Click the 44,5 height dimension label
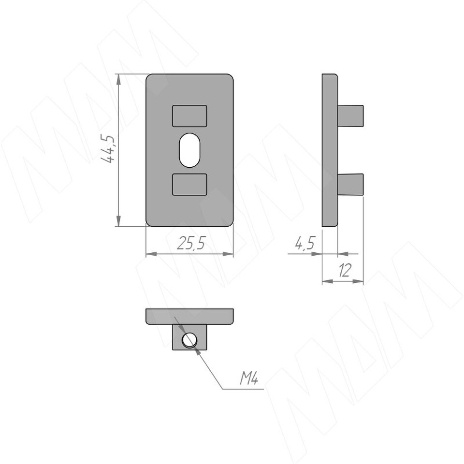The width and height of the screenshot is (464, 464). pos(107,149)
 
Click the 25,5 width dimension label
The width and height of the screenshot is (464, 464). pos(191,244)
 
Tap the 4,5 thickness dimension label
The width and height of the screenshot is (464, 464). pos(305,243)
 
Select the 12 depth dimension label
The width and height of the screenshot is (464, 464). pos(345,270)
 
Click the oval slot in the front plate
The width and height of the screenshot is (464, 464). pos(189,150)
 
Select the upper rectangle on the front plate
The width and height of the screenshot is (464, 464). pos(189,116)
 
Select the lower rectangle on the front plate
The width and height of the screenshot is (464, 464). pos(189,184)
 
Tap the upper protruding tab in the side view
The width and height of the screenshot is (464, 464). pos(350,116)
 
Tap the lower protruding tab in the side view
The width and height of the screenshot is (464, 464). pos(350,184)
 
